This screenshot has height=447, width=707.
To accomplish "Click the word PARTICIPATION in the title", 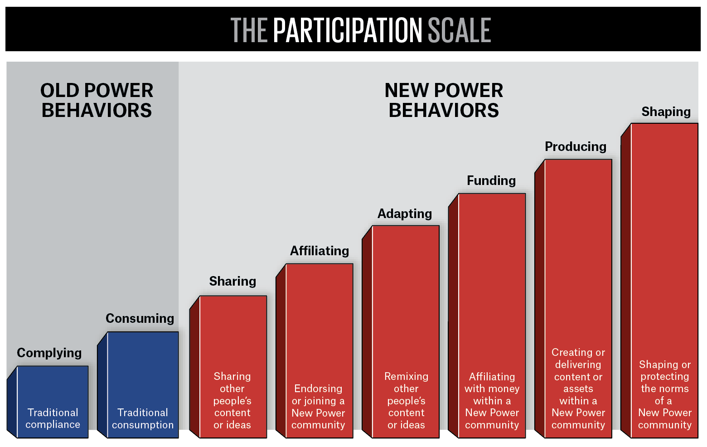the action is pos(348,30).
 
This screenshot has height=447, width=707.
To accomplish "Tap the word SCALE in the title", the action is pos(460,30).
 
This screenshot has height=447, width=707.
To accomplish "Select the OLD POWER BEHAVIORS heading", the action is pos(97,100).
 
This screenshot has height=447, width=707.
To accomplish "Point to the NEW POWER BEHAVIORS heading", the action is pos(444,100).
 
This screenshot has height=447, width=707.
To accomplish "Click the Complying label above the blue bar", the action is pos(49,353).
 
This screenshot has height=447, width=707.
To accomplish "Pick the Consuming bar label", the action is pos(140,319).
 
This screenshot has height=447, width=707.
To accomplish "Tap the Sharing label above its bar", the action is pos(232,282).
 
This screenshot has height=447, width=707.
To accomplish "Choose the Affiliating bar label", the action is pos(320,251).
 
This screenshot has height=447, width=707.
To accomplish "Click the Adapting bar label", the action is pos(405,214).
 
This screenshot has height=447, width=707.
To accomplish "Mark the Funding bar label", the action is pos(491,181).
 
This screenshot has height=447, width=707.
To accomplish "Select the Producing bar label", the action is pos(576,147).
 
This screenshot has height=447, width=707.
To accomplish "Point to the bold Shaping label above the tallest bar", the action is pos(666,112).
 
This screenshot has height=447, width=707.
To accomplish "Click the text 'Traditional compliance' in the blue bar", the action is pos(53,418).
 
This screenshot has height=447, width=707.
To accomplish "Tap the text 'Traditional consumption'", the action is pos(143,418).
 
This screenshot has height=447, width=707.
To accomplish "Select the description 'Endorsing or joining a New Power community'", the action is pos(318,407).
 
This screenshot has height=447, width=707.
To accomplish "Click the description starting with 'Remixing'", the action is pos(406,401).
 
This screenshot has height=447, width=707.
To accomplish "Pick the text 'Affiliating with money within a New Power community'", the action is pos(492,401).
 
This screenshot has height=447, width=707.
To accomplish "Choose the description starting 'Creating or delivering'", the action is pos(578,389).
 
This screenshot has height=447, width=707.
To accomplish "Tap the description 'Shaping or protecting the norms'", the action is pos(665,394).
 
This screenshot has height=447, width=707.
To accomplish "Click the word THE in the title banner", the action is pos(249,30).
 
